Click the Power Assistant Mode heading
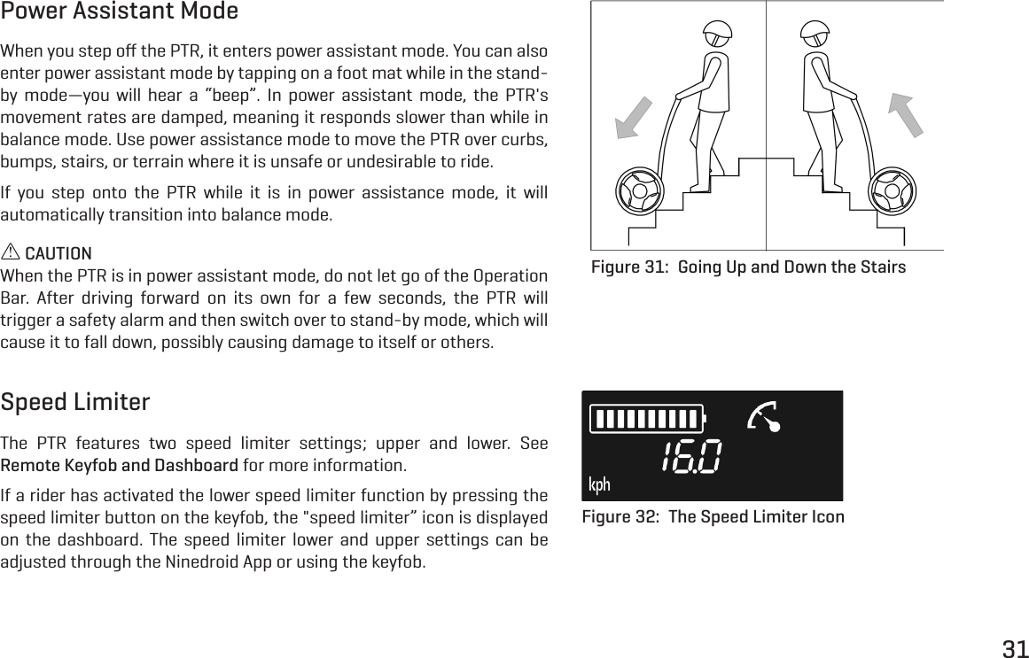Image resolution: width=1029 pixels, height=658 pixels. (120, 12)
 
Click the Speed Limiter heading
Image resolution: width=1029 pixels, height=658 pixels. (75, 403)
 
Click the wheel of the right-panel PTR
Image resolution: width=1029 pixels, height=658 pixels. (891, 191)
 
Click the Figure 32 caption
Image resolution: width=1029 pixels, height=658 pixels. (713, 517)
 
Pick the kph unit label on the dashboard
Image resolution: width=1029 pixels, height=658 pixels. (600, 484)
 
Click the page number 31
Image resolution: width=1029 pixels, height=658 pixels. (1015, 646)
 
